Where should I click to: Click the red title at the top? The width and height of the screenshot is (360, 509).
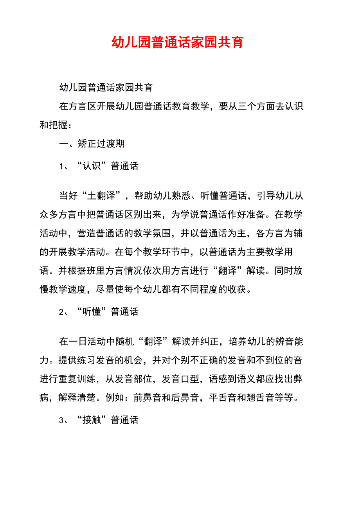point(177,42)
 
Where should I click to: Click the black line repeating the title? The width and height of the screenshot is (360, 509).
point(106,87)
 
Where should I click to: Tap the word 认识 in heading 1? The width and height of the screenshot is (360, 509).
point(92,166)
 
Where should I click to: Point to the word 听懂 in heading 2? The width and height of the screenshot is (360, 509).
point(92,312)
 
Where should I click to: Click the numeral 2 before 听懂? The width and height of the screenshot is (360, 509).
point(61,312)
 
